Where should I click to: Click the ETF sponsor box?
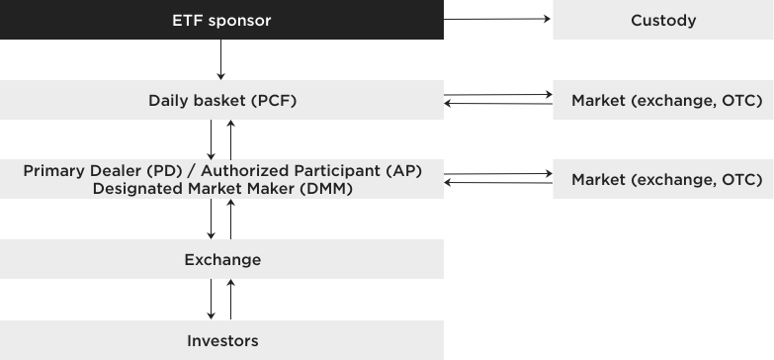pyautogui.click(x=221, y=20)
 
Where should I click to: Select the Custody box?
pyautogui.click(x=662, y=20)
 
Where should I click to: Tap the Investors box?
pyautogui.click(x=221, y=340)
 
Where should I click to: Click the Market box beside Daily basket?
pyautogui.click(x=662, y=100)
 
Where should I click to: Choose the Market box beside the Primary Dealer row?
pyautogui.click(x=662, y=179)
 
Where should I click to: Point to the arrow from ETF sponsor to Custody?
pyautogui.click(x=497, y=19)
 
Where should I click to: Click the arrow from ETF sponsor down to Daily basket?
pyautogui.click(x=221, y=60)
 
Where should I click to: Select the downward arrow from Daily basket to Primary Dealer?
pyautogui.click(x=212, y=139)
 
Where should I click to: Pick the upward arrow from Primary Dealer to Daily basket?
pyautogui.click(x=231, y=139)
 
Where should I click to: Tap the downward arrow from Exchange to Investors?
pyautogui.click(x=212, y=300)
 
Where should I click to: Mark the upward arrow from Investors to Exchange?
pyautogui.click(x=231, y=300)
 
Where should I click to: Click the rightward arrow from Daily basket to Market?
pyautogui.click(x=497, y=96)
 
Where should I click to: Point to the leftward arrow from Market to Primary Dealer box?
pyautogui.click(x=497, y=183)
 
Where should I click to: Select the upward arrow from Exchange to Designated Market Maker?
pyautogui.click(x=231, y=220)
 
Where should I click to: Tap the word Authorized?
pyautogui.click(x=287, y=170)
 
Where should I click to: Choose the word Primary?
pyautogui.click(x=55, y=170)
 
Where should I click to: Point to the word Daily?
pyautogui.click(x=169, y=100)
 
